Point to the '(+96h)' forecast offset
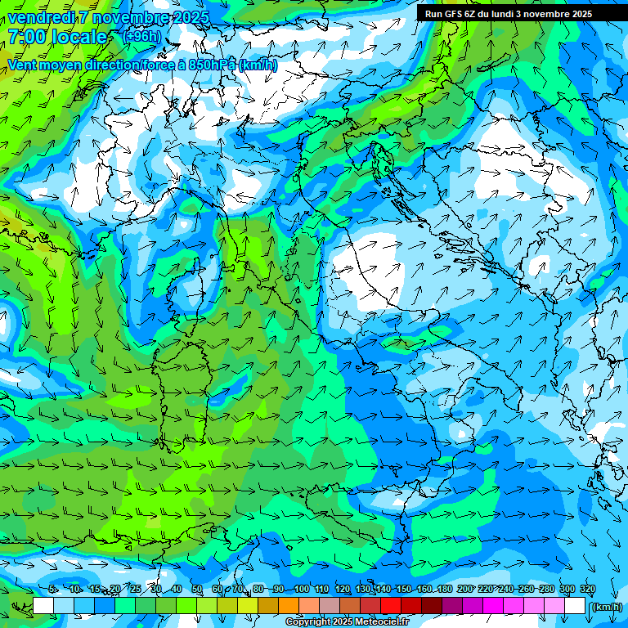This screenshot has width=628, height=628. pos(141,36)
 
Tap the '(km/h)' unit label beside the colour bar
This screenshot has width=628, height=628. pos(606,607)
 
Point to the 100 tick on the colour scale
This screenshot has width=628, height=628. pos(302,590)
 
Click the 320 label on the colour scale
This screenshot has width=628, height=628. pos(587,590)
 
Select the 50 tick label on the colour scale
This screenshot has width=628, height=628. pos(197,590)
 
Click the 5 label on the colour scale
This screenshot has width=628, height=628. pos(52,590)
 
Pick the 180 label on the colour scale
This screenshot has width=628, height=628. pos(444,590)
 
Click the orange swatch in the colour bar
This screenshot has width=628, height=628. pos(289,606)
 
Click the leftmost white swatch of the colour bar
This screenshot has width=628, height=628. pos(43,606)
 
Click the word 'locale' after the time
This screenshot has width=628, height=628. pos(81,37)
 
